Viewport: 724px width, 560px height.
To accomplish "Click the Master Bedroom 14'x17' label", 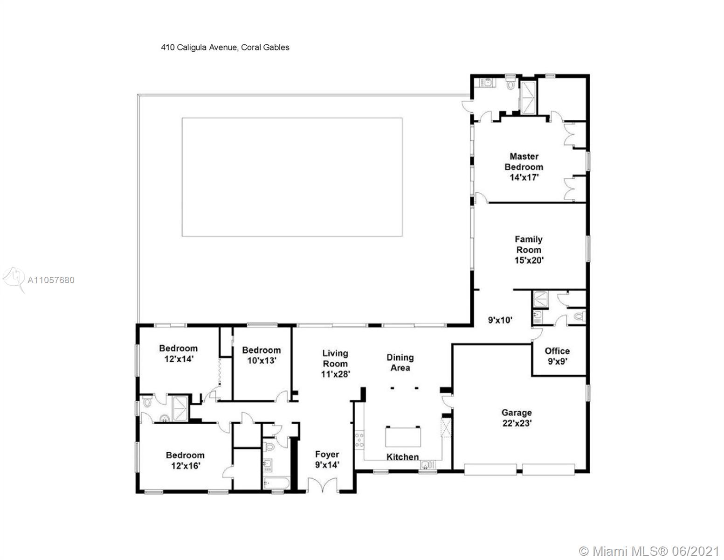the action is pos(524,167).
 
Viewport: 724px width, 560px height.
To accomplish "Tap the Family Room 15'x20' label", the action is pos(529,250).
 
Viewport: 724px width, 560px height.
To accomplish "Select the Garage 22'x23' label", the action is pos(517,418).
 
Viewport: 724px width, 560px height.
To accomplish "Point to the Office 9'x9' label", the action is pos(557,356).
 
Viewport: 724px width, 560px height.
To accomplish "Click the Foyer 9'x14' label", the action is pos(327,459).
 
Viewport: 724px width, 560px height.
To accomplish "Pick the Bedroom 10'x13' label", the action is pos(262,355).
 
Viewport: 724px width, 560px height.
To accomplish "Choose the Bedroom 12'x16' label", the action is pos(185,460).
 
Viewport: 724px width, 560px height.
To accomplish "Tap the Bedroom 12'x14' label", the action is pos(179,354).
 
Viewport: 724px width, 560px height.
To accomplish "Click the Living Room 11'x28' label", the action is pos(335,364).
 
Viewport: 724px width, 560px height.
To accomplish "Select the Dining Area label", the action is pos(400,363).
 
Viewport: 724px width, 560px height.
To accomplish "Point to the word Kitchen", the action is pos(402,457).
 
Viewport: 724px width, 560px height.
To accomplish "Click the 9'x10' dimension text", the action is pos(500,320).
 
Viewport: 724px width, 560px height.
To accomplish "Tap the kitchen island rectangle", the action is pos(403,437).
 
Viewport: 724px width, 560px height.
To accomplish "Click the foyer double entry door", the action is pos(323,484).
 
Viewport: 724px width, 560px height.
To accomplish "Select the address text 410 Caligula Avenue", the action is pos(199,47).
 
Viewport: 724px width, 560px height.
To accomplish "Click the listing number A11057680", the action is pos(51,280).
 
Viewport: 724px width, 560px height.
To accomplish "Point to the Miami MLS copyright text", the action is pos(649,551).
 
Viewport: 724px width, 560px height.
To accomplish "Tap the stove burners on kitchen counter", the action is pos(359,440).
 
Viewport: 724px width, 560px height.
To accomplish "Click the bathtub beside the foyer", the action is pos(276,483).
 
